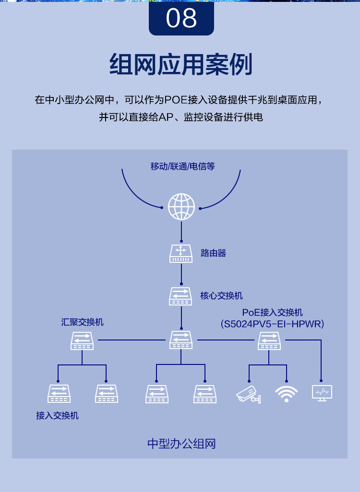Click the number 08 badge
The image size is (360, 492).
181,18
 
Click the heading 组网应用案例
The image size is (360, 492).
180,64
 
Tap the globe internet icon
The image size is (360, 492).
181,207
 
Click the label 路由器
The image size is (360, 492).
213,253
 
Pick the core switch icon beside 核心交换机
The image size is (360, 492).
180,296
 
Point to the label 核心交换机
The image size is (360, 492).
221,295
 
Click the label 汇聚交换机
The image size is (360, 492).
82,322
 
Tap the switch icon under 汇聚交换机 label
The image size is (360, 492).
82,340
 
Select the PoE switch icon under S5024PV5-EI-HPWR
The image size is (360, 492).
269,340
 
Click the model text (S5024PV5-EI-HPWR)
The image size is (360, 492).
272,324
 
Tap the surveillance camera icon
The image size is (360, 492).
249,394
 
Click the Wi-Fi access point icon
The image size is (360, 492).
286,394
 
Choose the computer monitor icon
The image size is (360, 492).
322,393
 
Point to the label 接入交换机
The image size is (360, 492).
57,415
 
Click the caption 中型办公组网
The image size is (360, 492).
181,444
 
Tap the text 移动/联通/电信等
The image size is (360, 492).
182,166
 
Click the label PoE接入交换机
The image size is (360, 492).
272,313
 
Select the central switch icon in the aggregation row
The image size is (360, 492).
180,340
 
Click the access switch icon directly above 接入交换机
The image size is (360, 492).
59,394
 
